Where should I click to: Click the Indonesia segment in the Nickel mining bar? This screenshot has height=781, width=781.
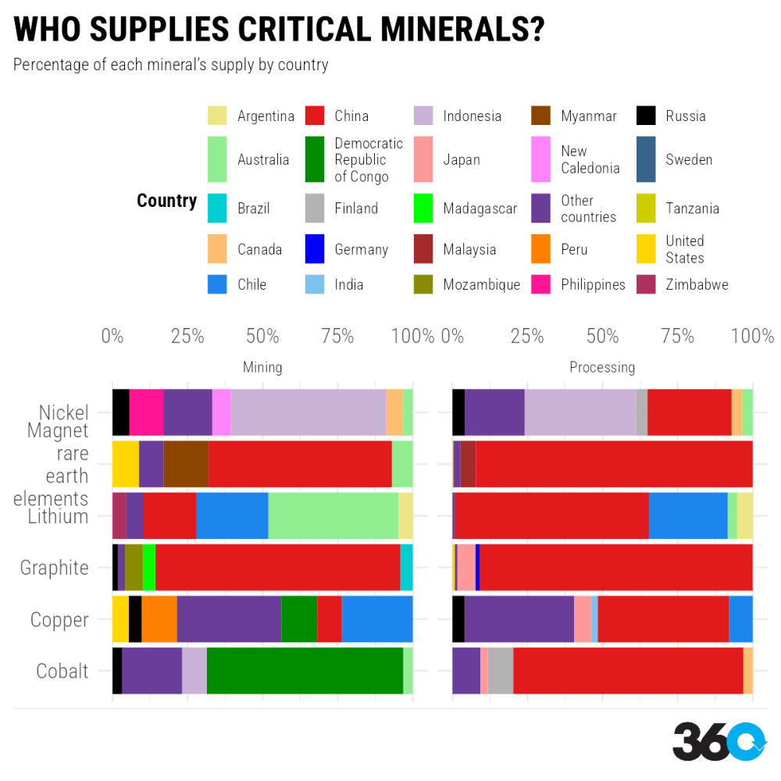click(308, 412)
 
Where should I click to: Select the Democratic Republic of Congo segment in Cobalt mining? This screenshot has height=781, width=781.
click(305, 671)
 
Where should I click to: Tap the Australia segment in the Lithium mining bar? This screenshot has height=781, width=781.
click(333, 515)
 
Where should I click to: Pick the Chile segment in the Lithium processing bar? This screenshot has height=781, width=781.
click(688, 515)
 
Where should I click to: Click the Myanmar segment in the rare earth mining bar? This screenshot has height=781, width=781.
click(186, 464)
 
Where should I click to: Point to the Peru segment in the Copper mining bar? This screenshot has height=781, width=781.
click(159, 619)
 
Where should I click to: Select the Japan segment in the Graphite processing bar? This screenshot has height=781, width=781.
click(466, 567)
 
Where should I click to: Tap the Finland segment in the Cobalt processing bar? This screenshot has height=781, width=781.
click(501, 671)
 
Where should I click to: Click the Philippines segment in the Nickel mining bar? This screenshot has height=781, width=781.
click(146, 412)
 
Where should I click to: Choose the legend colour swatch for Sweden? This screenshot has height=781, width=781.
click(646, 159)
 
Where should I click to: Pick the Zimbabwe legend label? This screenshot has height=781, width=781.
click(697, 284)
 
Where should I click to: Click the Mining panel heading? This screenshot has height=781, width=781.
click(262, 367)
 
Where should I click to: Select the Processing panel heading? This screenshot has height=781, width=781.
click(602, 367)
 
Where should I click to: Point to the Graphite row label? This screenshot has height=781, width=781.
click(55, 568)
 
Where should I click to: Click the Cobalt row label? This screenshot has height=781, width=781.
click(62, 671)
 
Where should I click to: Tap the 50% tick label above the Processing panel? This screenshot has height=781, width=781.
click(602, 337)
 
